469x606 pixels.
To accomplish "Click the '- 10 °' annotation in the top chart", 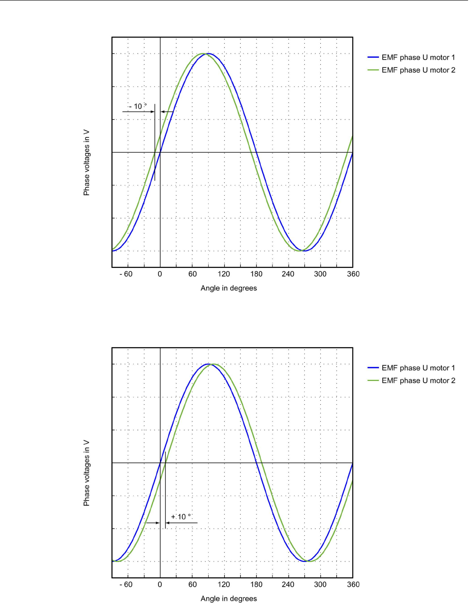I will coord(138,106).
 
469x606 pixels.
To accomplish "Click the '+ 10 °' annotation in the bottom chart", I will coord(181,517).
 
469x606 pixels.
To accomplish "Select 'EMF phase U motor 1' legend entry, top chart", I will coord(418,57).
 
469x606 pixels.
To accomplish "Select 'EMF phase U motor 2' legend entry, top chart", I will coord(418,70).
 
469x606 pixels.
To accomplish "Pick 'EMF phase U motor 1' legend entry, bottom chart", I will coord(418,368).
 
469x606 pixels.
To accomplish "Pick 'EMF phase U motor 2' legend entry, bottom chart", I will coord(418,380).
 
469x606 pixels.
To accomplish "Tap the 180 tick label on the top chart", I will coord(256,274).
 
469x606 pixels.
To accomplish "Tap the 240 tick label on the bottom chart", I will coord(288,584).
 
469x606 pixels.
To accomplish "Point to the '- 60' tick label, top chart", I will coord(126,274).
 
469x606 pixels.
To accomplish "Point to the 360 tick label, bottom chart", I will coord(353,584).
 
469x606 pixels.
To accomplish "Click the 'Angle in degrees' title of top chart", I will coord(228,288).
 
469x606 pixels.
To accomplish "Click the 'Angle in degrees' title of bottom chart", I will coord(228,598).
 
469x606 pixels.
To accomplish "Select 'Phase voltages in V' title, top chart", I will coord(86,163).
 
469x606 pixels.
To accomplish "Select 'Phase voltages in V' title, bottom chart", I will coord(86,473).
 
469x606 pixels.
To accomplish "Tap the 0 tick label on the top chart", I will coord(160,274).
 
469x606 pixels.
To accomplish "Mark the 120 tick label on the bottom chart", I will coord(224,584).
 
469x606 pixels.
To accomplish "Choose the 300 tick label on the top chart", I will coord(320,274).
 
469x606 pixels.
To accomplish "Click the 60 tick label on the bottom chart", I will coord(192,584).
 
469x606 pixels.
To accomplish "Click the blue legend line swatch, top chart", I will coord(373,57).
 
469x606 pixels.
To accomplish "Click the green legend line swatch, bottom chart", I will coord(373,380).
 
